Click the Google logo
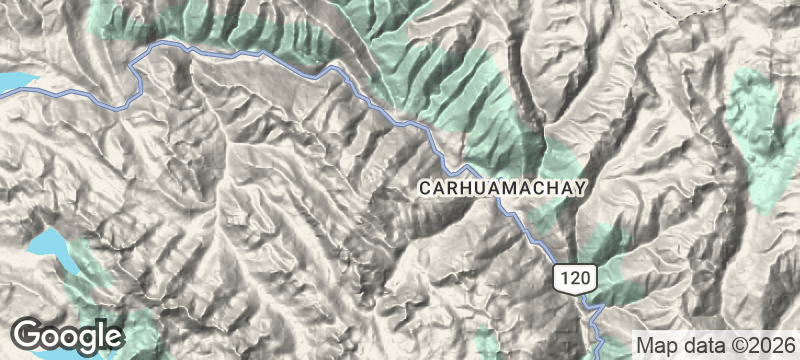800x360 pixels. [68, 335]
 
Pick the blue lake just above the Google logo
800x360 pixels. [50, 248]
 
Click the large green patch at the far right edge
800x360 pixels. [765, 130]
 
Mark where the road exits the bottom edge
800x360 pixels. [597, 357]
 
